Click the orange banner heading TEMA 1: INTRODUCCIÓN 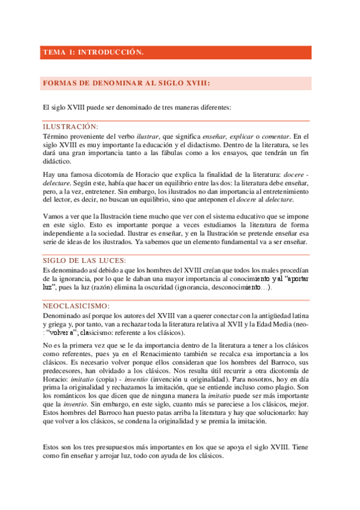tap(93, 52)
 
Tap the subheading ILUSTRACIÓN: tap(70, 127)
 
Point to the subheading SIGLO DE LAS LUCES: tap(84, 260)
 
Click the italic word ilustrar tap(148, 137)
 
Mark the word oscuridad tap(187, 287)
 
